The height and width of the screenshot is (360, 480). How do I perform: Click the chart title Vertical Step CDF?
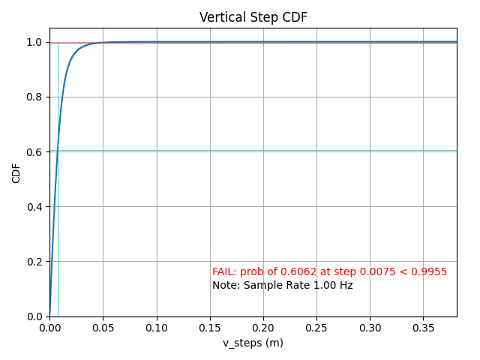tap(253, 17)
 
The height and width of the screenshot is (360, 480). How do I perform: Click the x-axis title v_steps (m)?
tap(253, 343)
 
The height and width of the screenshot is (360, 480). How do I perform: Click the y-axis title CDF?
tap(16, 172)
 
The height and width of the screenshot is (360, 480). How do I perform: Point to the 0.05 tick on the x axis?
tap(103, 328)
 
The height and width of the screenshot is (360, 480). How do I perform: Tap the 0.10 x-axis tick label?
tap(157, 328)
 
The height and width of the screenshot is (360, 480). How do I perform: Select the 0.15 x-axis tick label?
tap(210, 328)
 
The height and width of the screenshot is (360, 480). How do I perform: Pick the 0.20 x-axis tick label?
tap(263, 328)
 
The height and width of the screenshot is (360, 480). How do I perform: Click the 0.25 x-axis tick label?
tap(316, 328)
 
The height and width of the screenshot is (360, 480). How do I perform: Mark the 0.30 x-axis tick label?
tap(370, 328)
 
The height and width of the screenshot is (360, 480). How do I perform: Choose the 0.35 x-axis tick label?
tap(423, 328)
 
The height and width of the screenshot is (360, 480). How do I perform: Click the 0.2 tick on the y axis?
tap(35, 262)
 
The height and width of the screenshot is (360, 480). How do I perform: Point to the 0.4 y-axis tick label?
tap(35, 207)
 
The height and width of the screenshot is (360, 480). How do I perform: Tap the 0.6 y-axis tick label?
tap(35, 152)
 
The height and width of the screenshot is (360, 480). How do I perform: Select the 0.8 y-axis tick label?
tap(35, 97)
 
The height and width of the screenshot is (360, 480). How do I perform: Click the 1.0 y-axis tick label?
tap(35, 43)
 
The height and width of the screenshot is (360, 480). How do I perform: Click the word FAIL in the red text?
tap(223, 272)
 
